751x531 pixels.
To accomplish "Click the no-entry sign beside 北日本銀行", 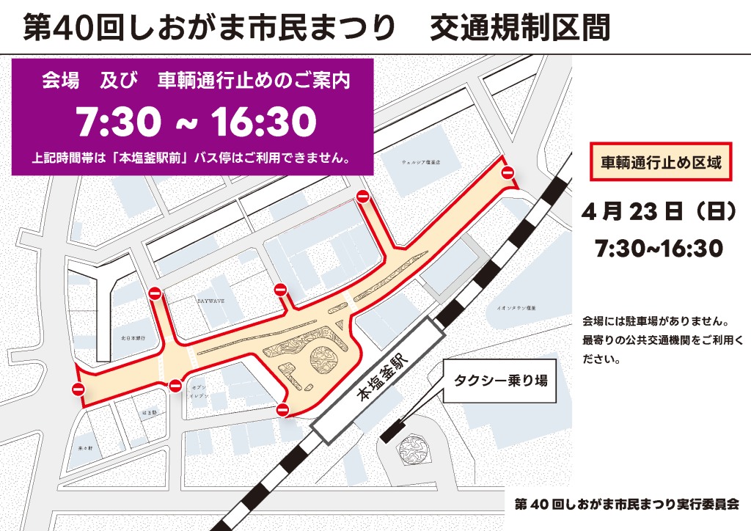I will point(155,293).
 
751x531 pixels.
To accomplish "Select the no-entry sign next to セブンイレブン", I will point(175,387).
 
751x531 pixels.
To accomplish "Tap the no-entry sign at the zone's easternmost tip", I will point(508,172).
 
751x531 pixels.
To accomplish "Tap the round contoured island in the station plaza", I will point(323,362).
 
